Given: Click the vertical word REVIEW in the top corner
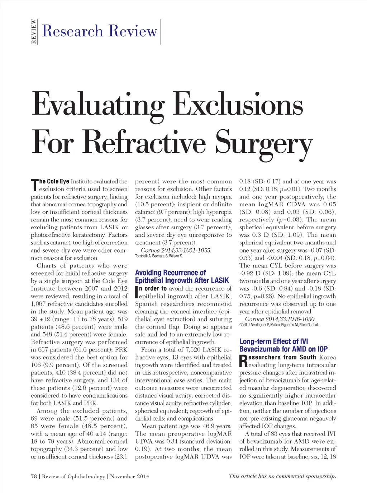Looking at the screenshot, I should (34, 32).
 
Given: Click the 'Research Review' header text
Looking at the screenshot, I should (100, 31).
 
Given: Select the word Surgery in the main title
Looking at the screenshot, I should (263, 143).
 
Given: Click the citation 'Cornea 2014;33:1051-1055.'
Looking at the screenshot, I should (176, 250).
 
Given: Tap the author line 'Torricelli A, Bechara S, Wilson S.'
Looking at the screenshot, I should (159, 256).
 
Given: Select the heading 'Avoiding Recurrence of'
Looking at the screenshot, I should (170, 273).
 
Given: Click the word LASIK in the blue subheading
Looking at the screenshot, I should (220, 281).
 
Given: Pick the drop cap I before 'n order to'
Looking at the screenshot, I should (137, 292).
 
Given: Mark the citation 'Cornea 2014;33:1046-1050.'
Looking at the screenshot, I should (280, 319).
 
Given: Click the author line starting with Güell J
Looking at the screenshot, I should (278, 325).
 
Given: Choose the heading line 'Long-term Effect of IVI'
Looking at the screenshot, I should (273, 341).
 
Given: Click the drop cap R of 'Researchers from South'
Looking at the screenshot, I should (243, 361).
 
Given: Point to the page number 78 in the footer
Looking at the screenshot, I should (34, 477).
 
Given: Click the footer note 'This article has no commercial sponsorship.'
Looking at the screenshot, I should (282, 476).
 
